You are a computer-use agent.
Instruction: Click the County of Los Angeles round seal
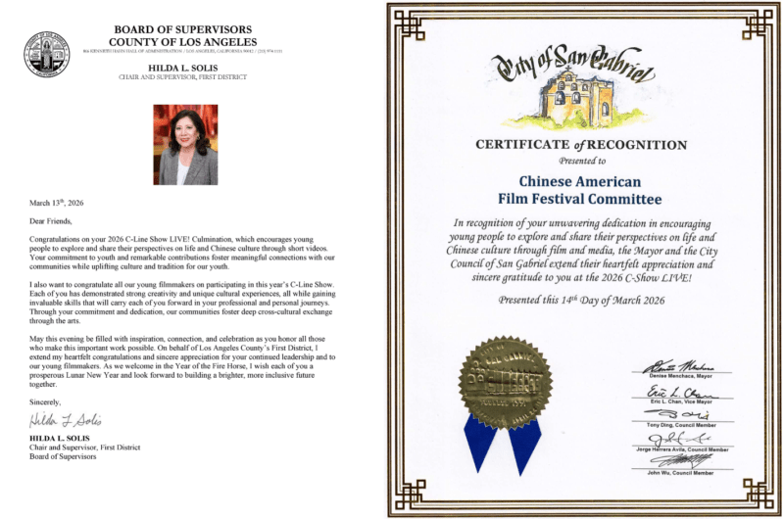(x=46, y=52)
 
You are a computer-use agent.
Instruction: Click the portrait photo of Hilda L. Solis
(x=185, y=144)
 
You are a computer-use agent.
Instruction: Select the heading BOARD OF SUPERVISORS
(x=184, y=31)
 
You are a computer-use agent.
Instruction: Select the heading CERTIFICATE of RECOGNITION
(x=581, y=145)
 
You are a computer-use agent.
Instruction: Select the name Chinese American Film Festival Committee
(x=580, y=191)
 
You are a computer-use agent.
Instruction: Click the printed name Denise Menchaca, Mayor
(x=683, y=373)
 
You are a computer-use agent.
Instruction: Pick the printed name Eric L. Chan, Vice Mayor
(x=683, y=401)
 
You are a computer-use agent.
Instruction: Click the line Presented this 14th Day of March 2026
(x=581, y=300)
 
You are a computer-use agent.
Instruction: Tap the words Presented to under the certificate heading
(x=581, y=159)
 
